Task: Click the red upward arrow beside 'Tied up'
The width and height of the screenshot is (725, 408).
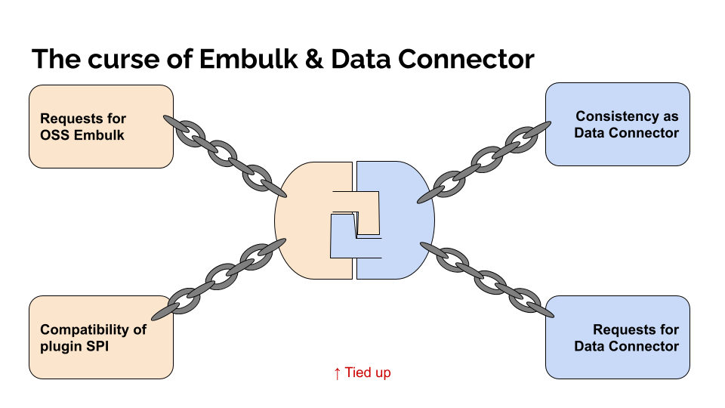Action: [337, 372]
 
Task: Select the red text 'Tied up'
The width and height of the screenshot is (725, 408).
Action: [368, 372]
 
